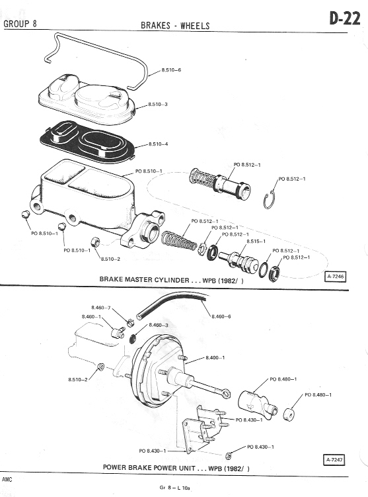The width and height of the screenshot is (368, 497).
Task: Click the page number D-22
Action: click(345, 19)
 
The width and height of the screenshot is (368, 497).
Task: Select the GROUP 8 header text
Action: click(20, 24)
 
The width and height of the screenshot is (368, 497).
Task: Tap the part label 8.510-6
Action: click(171, 69)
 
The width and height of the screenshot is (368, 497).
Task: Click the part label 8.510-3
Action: click(158, 105)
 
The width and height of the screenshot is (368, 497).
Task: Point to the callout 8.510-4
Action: click(158, 144)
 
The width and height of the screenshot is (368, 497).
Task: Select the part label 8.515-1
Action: click(256, 242)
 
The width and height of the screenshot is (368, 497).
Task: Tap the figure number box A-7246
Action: click(336, 277)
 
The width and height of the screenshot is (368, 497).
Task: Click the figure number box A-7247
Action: click(334, 460)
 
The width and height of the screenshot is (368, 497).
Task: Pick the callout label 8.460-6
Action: click(221, 316)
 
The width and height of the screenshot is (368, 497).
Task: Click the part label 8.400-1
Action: click(215, 358)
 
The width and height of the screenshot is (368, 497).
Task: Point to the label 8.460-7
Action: click(101, 308)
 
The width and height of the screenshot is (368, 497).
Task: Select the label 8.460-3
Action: click(159, 325)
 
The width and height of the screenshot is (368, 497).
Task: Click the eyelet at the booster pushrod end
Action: click(226, 393)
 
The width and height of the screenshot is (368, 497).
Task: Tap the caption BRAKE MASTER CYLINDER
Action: click(144, 279)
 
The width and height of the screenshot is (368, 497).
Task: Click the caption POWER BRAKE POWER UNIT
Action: click(149, 467)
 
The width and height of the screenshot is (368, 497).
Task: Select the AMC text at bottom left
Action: click(7, 480)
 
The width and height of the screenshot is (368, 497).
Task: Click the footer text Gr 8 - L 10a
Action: click(174, 488)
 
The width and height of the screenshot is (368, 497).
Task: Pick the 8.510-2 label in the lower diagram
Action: click(78, 379)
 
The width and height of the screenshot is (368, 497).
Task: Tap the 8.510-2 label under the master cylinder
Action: click(110, 259)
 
